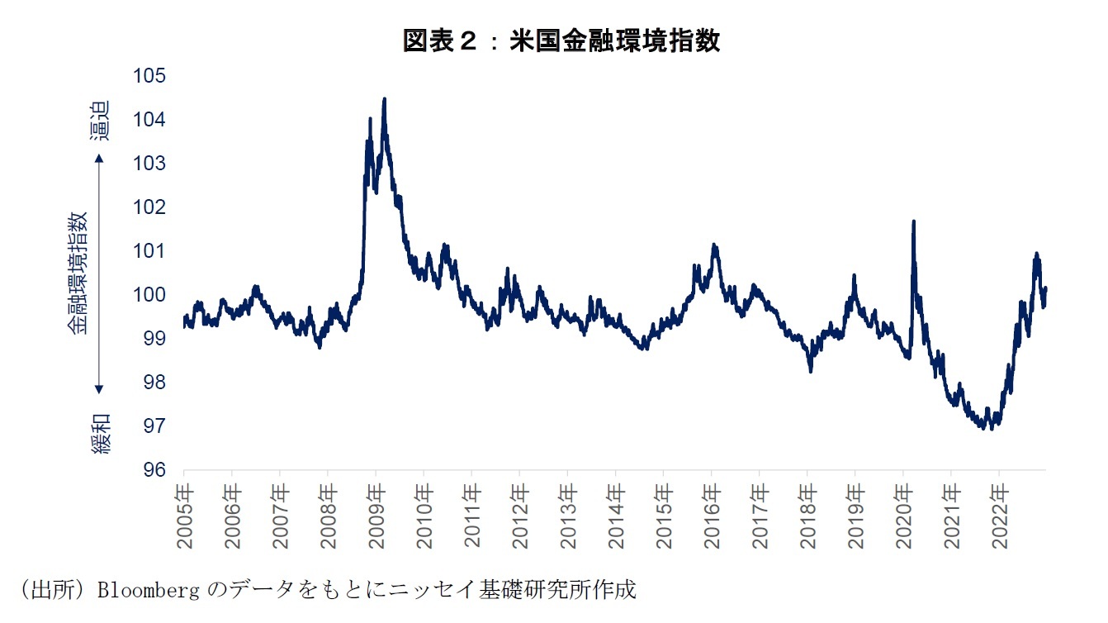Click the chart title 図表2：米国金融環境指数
click(561, 41)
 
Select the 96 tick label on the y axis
click(149, 470)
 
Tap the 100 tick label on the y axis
click(149, 295)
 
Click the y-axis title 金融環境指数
click(78, 273)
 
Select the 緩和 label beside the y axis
click(99, 434)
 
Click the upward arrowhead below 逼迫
click(99, 157)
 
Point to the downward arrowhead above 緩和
click(99, 388)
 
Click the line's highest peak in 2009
click(384, 99)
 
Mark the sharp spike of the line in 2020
click(913, 221)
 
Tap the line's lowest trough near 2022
click(991, 427)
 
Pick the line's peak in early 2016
click(714, 245)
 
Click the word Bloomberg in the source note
click(145, 591)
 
